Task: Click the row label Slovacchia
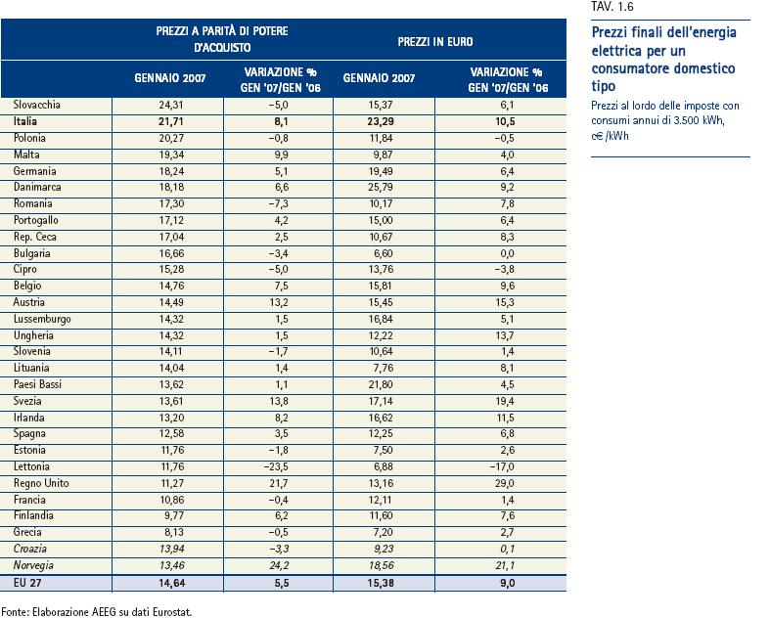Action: point(37,104)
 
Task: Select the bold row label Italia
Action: point(25,121)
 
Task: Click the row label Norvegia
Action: point(34,564)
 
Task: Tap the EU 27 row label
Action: point(28,583)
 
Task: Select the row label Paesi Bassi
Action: point(38,384)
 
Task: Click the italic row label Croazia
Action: point(30,548)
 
